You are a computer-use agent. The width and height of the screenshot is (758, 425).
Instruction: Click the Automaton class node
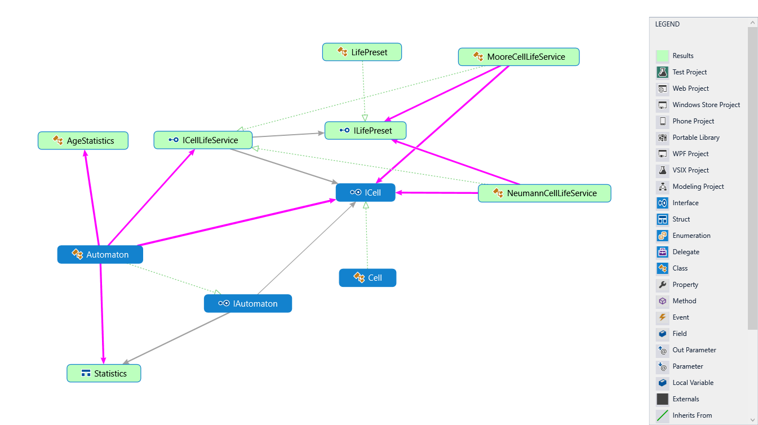100,255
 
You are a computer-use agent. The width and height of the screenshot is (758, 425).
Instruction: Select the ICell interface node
366,193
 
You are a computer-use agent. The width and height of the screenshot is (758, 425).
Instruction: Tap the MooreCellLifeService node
519,57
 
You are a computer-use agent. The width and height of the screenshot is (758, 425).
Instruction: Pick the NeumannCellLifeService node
544,193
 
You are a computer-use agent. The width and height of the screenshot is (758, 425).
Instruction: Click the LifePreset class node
362,52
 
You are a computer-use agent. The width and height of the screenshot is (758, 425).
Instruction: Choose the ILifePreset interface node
366,131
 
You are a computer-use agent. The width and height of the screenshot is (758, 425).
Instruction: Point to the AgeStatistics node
83,141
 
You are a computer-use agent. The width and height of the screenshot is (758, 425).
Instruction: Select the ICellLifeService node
203,140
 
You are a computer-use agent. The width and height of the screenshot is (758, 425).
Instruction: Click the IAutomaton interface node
248,304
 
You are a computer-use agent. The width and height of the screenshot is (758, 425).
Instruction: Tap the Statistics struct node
104,374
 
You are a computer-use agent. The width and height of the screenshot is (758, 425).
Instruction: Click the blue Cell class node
367,278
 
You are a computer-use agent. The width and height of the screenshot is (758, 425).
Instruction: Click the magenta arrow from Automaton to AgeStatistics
92,197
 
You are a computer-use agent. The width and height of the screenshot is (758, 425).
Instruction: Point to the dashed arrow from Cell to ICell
366,237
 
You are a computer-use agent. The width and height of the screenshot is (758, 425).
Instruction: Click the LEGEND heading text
667,24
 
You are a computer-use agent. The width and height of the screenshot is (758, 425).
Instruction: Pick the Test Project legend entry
689,72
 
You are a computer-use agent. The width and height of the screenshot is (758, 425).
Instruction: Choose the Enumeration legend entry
691,236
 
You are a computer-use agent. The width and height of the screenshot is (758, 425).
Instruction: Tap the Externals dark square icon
662,399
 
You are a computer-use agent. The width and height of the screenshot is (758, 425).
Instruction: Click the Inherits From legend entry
691,415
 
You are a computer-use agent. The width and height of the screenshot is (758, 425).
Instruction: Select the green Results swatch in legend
662,56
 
